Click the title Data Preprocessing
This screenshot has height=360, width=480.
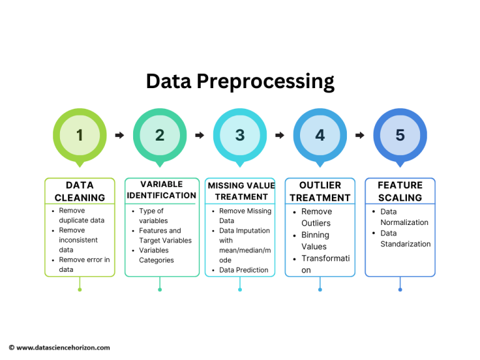[240, 81]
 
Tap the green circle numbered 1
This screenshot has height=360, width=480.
[79, 135]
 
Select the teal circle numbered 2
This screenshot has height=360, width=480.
[159, 135]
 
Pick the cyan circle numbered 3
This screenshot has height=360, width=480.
[240, 135]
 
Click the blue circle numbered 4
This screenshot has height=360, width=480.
[320, 135]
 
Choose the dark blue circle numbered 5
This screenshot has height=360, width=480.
[400, 135]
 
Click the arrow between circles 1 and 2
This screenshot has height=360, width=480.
[119, 135]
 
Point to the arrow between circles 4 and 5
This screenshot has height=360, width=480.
[360, 135]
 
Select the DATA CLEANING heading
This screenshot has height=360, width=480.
[79, 191]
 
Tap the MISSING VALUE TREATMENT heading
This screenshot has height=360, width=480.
[241, 191]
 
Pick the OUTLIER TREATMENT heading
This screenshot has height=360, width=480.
[320, 191]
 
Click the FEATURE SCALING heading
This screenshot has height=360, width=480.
[400, 191]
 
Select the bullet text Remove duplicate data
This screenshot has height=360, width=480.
[81, 216]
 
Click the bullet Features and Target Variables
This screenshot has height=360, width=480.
[165, 236]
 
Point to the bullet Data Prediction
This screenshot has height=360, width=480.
[243, 270]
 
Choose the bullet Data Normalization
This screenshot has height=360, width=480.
[404, 217]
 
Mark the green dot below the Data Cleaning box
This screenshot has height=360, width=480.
[79, 289]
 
